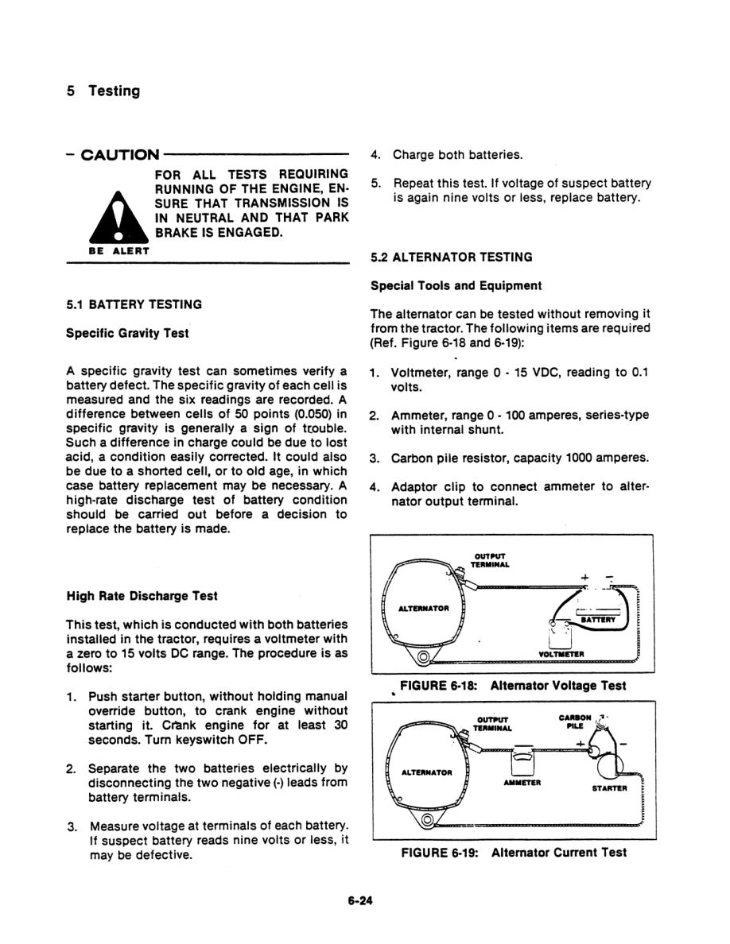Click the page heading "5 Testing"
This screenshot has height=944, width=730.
point(103,91)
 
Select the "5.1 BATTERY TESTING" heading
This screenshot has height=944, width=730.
point(134,304)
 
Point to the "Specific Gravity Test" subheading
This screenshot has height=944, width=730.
point(127,333)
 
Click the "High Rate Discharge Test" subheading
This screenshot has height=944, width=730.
point(142,595)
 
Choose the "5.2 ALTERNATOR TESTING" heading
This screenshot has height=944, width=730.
point(452,257)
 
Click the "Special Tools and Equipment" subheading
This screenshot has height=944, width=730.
point(456,285)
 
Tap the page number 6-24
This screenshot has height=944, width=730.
point(360,901)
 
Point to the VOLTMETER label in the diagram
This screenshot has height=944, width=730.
point(561,654)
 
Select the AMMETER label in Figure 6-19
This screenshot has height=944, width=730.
point(522,781)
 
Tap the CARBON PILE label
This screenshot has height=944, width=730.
point(575,721)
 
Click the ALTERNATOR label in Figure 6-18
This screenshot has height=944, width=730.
point(424,609)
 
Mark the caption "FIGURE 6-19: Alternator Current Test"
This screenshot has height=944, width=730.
point(514,853)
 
